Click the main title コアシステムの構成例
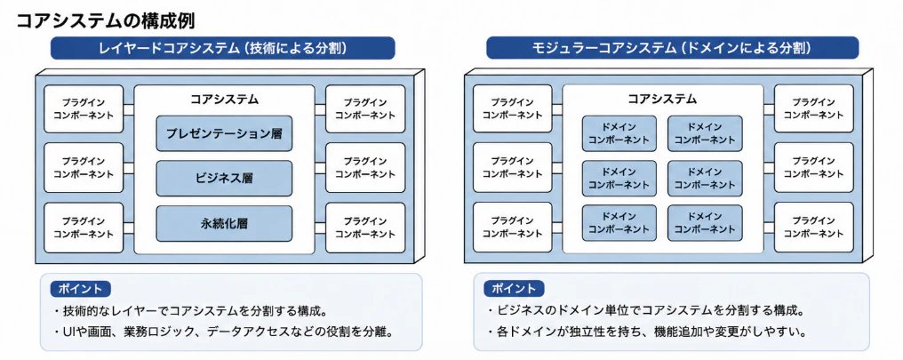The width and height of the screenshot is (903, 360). [106, 20]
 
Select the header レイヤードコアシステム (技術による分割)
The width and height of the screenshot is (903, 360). [223, 48]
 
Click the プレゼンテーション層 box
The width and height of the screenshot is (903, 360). [224, 133]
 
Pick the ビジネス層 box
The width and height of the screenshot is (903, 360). [224, 179]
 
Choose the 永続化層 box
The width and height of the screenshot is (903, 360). [224, 223]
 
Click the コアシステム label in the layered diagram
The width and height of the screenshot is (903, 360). [225, 99]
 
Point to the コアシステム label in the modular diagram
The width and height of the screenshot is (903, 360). [662, 99]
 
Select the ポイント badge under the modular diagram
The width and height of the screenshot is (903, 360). [515, 289]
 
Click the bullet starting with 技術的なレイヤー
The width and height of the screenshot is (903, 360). [190, 312]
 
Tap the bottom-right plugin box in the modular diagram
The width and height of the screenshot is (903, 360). [814, 227]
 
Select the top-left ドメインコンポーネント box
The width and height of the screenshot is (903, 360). [619, 133]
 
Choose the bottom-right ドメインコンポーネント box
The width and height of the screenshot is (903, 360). [705, 223]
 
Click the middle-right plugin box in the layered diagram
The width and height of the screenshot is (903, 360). [365, 168]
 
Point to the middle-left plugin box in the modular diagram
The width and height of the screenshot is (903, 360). [513, 168]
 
